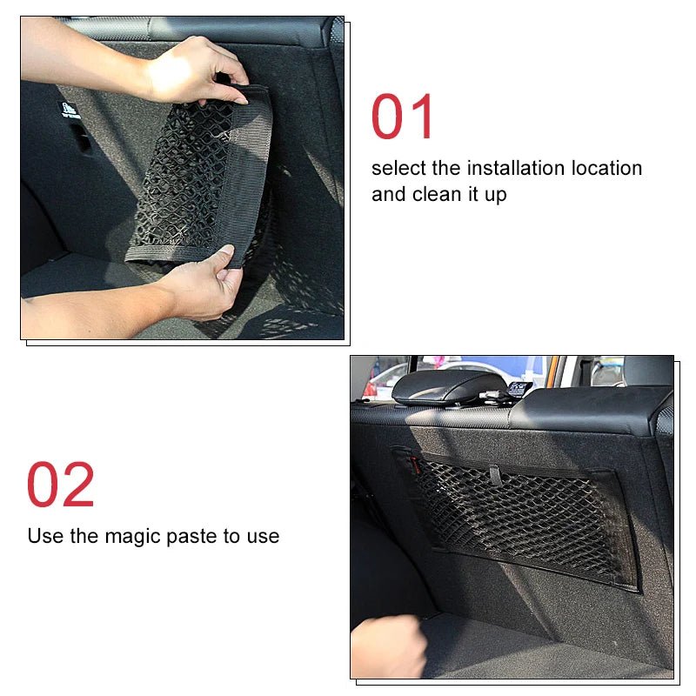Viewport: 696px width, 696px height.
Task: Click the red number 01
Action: click(x=403, y=117)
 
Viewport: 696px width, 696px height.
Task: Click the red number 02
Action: click(x=60, y=485)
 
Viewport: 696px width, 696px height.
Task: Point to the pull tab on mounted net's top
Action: click(x=494, y=475)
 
